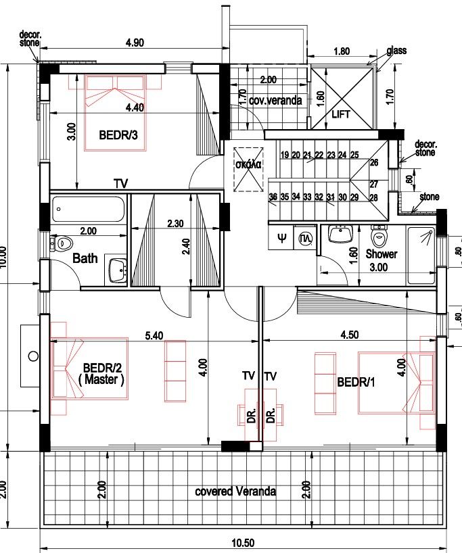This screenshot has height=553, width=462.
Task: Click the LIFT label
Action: [342, 114]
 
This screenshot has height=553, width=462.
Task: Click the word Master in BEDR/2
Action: [101, 380]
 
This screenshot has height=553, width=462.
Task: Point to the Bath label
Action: [85, 258]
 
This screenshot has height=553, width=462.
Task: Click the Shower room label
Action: [381, 254]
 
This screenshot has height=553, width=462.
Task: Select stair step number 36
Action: [273, 197]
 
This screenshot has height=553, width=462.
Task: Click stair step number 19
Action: [284, 155]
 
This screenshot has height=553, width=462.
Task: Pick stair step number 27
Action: [373, 184]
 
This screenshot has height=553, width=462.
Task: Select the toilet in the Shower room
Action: [379, 236]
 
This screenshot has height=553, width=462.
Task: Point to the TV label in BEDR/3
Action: [120, 183]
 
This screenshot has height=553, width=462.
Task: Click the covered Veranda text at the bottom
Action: [235, 491]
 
